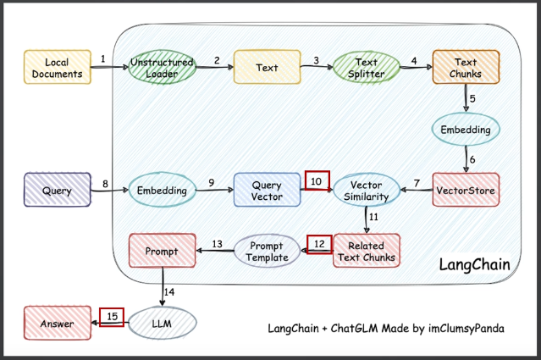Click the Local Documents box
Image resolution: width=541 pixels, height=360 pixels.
[56, 69]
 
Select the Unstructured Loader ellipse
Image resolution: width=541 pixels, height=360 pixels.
[161, 69]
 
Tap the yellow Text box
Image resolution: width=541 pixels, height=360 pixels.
[267, 69]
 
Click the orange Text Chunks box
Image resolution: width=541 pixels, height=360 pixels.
[465, 69]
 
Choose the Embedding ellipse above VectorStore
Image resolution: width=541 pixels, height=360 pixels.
[465, 130]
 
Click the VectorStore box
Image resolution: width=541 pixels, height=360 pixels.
[465, 191]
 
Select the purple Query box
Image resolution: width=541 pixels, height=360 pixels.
[56, 191]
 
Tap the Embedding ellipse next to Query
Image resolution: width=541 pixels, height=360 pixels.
[161, 191]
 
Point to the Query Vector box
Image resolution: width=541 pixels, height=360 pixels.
[267, 191]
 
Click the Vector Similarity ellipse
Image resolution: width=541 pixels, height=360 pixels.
[365, 191]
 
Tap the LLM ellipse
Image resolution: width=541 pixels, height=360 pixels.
[162, 324]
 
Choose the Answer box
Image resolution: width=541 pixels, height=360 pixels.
[56, 324]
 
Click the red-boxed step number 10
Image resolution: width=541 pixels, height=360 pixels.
[317, 180]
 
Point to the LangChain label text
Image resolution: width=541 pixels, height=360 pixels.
[474, 265]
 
